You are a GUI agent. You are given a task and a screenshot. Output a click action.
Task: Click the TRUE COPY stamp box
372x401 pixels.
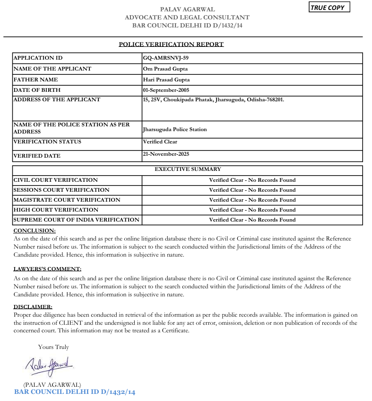tap(329, 8)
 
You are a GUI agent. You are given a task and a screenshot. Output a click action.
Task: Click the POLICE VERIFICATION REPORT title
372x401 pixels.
tap(171, 45)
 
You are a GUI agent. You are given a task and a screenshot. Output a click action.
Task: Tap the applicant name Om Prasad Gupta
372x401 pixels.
tap(165, 69)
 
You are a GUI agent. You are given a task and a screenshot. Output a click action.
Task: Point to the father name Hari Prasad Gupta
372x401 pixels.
tap(166, 80)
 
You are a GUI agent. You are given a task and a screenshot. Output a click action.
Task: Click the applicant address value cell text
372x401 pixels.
tap(213, 100)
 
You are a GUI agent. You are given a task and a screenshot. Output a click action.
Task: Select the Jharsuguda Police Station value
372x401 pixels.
tap(174, 129)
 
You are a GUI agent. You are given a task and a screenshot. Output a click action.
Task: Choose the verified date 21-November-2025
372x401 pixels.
tap(166, 154)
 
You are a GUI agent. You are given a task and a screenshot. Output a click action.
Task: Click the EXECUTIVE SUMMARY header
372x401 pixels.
tap(188, 169)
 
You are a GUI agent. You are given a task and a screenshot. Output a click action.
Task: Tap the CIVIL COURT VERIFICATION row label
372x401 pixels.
tap(56, 180)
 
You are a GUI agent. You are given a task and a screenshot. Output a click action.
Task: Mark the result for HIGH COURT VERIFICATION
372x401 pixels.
tap(252, 210)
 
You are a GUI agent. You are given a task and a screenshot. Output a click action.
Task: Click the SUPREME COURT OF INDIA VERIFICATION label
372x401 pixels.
tap(76, 220)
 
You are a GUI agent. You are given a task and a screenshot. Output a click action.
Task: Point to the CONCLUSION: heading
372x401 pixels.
tap(35, 231)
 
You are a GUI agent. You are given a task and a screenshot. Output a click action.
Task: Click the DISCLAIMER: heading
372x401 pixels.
tap(33, 307)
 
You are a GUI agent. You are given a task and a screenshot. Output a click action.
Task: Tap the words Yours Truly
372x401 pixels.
tap(53, 347)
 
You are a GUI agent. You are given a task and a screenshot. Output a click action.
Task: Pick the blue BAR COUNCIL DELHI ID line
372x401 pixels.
tap(75, 392)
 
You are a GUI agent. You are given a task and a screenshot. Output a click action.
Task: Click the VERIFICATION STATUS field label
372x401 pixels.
tap(47, 142)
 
